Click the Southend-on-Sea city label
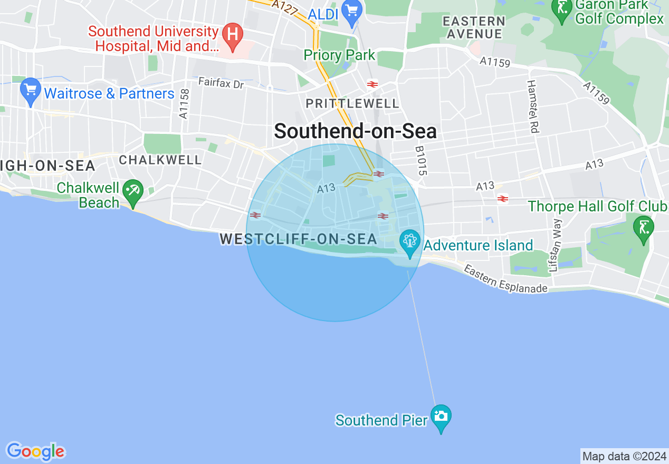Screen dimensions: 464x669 point(355,131)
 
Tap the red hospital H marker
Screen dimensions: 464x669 point(231,34)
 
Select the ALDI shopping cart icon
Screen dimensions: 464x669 point(350,10)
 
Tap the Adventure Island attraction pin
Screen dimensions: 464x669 point(409,242)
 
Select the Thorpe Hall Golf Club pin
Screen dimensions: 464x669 point(643,228)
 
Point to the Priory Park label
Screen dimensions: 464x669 point(339,55)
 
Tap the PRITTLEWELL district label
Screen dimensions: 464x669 point(352,103)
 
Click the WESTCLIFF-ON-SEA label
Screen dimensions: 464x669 point(298,239)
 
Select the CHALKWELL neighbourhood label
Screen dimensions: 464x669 point(160,160)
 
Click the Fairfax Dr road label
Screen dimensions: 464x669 point(221,83)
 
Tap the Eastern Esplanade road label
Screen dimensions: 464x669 point(505,279)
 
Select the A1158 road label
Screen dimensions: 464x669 point(184,103)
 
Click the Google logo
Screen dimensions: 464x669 point(35,451)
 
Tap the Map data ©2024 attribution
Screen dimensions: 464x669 point(624,456)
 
